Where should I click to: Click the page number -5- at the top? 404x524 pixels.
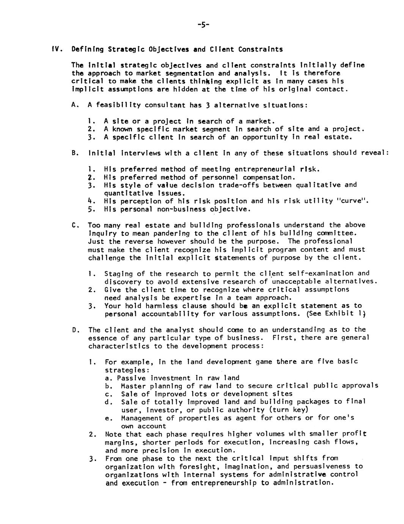[x=203, y=25]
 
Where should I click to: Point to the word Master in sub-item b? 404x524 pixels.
[x=133, y=386]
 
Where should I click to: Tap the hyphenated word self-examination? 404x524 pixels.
[x=316, y=273]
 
